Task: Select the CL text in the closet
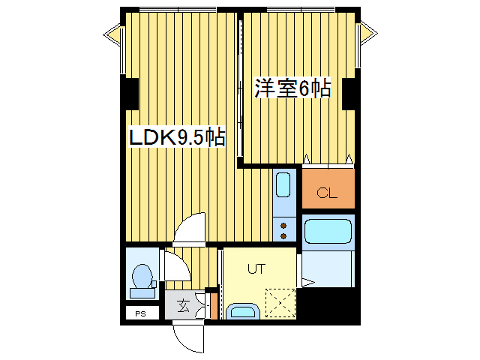click(327, 193)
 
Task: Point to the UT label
click(256, 267)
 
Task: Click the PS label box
click(140, 313)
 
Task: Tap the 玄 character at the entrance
click(183, 305)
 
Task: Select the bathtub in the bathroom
click(328, 229)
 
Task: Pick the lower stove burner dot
click(284, 235)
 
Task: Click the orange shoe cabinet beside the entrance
click(214, 306)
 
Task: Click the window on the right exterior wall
click(367, 33)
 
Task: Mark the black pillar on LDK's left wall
click(130, 94)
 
